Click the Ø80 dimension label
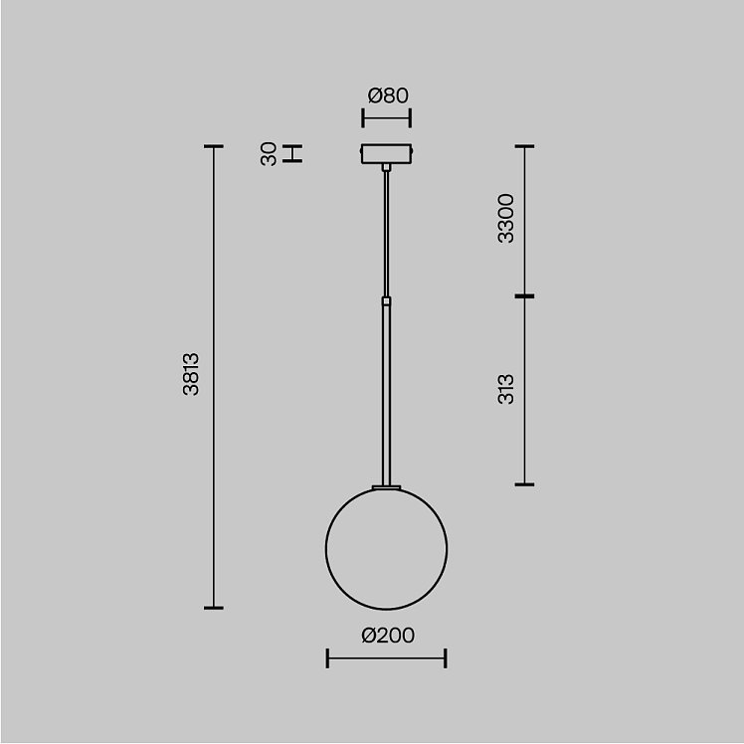pos(388,95)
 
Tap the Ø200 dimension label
pos(388,636)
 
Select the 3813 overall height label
pos(191,374)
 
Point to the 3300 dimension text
pos(506,218)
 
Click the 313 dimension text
pos(506,389)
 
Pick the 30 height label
pos(269,154)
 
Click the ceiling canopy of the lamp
pos(386,154)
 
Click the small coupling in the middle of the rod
pos(386,300)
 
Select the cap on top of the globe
pos(386,487)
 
